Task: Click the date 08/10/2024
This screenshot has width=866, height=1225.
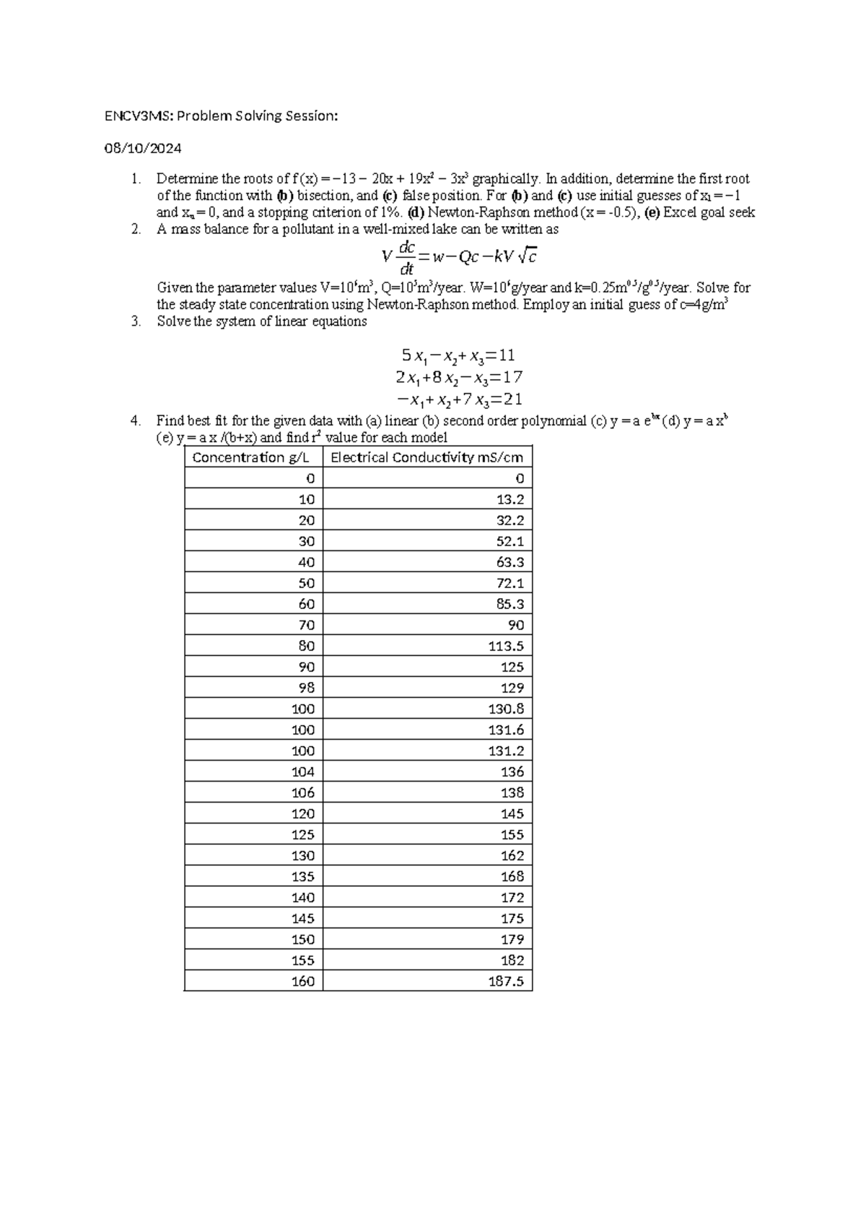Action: pyautogui.click(x=142, y=149)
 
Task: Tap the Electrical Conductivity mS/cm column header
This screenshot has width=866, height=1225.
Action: pyautogui.click(x=427, y=457)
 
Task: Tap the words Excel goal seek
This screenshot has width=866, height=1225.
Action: pyautogui.click(x=709, y=212)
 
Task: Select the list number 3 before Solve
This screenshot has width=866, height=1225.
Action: pyautogui.click(x=135, y=322)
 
